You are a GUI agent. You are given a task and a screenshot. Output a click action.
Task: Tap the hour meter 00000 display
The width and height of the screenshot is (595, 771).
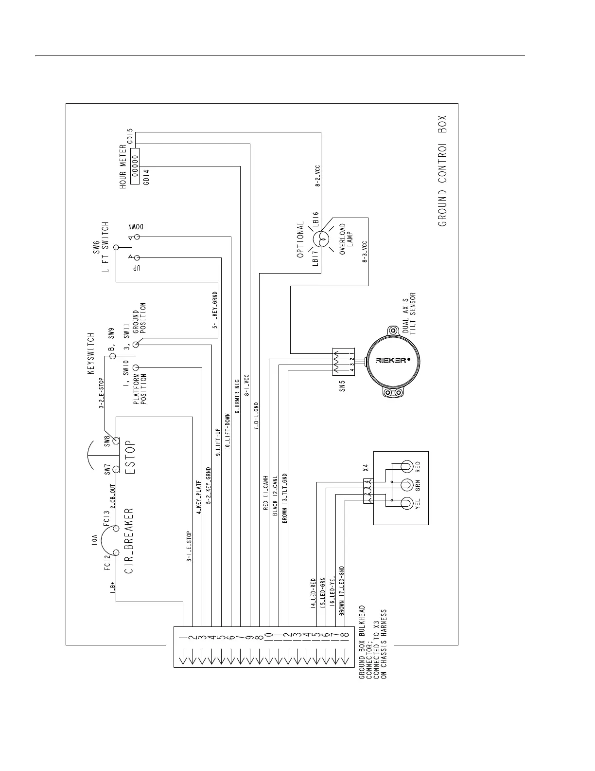[x=135, y=166]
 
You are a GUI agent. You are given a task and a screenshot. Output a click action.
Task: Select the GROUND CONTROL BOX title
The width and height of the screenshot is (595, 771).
[x=442, y=171]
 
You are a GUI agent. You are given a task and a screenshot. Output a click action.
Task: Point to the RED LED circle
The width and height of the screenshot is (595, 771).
[x=407, y=467]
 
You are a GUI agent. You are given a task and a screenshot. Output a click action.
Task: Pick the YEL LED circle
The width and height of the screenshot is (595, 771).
[x=407, y=503]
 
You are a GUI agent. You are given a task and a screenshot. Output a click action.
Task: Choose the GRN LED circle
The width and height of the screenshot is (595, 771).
[x=407, y=485]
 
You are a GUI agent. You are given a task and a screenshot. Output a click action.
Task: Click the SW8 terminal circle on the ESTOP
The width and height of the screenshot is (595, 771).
[x=116, y=441]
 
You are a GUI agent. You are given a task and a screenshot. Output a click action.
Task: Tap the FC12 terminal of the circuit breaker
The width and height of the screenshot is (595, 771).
[x=116, y=552]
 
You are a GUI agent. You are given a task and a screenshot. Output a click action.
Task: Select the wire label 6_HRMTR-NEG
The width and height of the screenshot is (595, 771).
[x=237, y=396]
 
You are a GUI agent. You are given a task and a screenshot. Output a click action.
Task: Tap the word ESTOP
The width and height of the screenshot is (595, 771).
[x=130, y=458]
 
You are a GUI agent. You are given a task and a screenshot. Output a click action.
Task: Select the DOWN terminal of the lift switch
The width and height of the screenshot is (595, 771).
[x=138, y=237]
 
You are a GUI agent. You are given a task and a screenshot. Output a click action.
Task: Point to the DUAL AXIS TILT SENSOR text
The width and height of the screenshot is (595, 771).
[x=408, y=313]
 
